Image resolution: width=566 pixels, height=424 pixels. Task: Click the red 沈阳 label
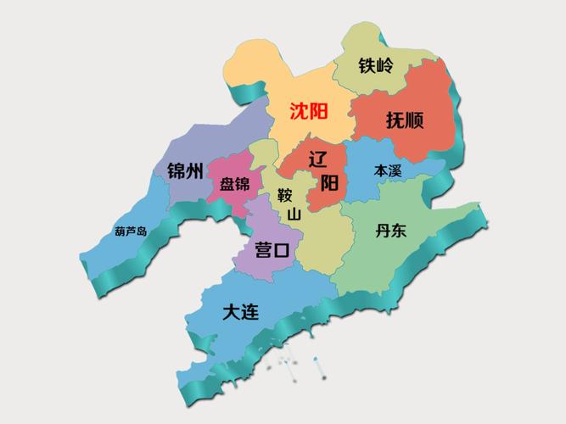pyautogui.click(x=308, y=111)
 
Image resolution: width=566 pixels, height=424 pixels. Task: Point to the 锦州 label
pyautogui.click(x=185, y=170)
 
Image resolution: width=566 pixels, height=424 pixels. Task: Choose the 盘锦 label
pyautogui.click(x=234, y=184)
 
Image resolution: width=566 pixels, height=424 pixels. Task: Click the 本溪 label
pyautogui.click(x=388, y=170)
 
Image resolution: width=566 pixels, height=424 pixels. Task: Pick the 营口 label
pyautogui.click(x=272, y=250)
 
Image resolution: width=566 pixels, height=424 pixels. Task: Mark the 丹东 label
pyautogui.click(x=392, y=230)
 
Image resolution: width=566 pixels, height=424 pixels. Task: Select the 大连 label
pyautogui.click(x=240, y=311)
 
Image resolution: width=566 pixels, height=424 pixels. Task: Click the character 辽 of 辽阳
pyautogui.click(x=318, y=159)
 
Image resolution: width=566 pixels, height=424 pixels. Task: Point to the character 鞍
pyautogui.click(x=285, y=196)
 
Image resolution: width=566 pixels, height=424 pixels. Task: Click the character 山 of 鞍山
pyautogui.click(x=294, y=215)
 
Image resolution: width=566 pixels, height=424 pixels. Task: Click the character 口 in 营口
pyautogui.click(x=283, y=250)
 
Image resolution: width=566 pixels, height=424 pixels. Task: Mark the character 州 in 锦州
pyautogui.click(x=194, y=170)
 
